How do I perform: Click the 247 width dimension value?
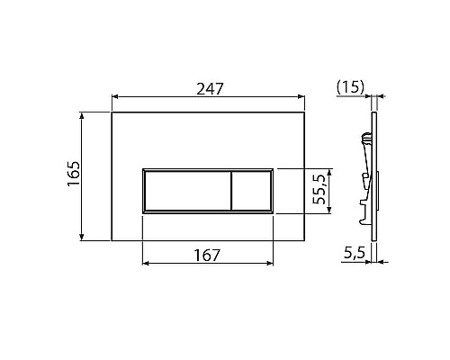209,88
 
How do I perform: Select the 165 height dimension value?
73,176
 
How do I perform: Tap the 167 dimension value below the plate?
208,255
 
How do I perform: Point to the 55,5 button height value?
318,191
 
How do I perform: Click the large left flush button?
185,191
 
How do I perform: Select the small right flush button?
253,191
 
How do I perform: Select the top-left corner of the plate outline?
111,112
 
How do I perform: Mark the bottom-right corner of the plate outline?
307,241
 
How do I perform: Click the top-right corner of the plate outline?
307,112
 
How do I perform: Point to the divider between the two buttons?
232,191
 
